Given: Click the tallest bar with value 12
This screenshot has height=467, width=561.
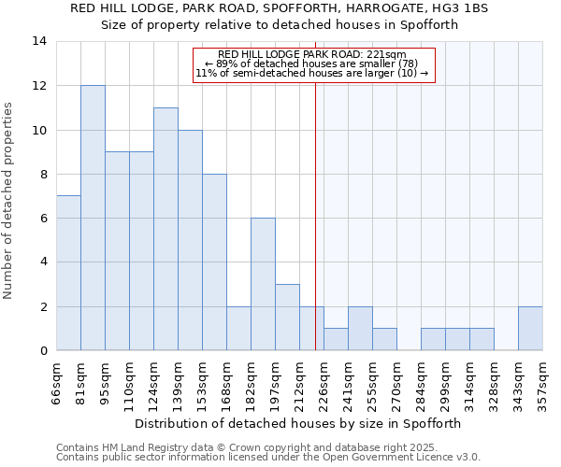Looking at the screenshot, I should click(x=93, y=218).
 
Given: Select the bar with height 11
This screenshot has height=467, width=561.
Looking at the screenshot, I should click(x=165, y=229).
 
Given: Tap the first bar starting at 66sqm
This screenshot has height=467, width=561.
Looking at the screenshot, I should click(x=68, y=273).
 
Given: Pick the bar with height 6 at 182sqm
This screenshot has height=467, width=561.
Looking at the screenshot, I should click(x=263, y=284).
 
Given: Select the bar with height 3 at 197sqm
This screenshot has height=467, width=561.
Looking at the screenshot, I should click(x=287, y=317).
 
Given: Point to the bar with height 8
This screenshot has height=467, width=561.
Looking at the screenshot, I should click(x=214, y=262).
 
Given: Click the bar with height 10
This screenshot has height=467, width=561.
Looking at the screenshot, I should click(x=190, y=240).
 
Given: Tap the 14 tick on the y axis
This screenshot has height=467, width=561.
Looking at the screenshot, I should click(x=39, y=41).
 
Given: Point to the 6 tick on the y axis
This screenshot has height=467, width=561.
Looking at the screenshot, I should click(x=43, y=218).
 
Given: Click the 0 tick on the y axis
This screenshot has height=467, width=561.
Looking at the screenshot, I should click(x=43, y=350).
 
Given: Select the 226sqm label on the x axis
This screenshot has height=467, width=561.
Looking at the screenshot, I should click(x=324, y=384).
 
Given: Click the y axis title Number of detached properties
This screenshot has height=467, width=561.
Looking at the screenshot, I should click(x=8, y=201).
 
